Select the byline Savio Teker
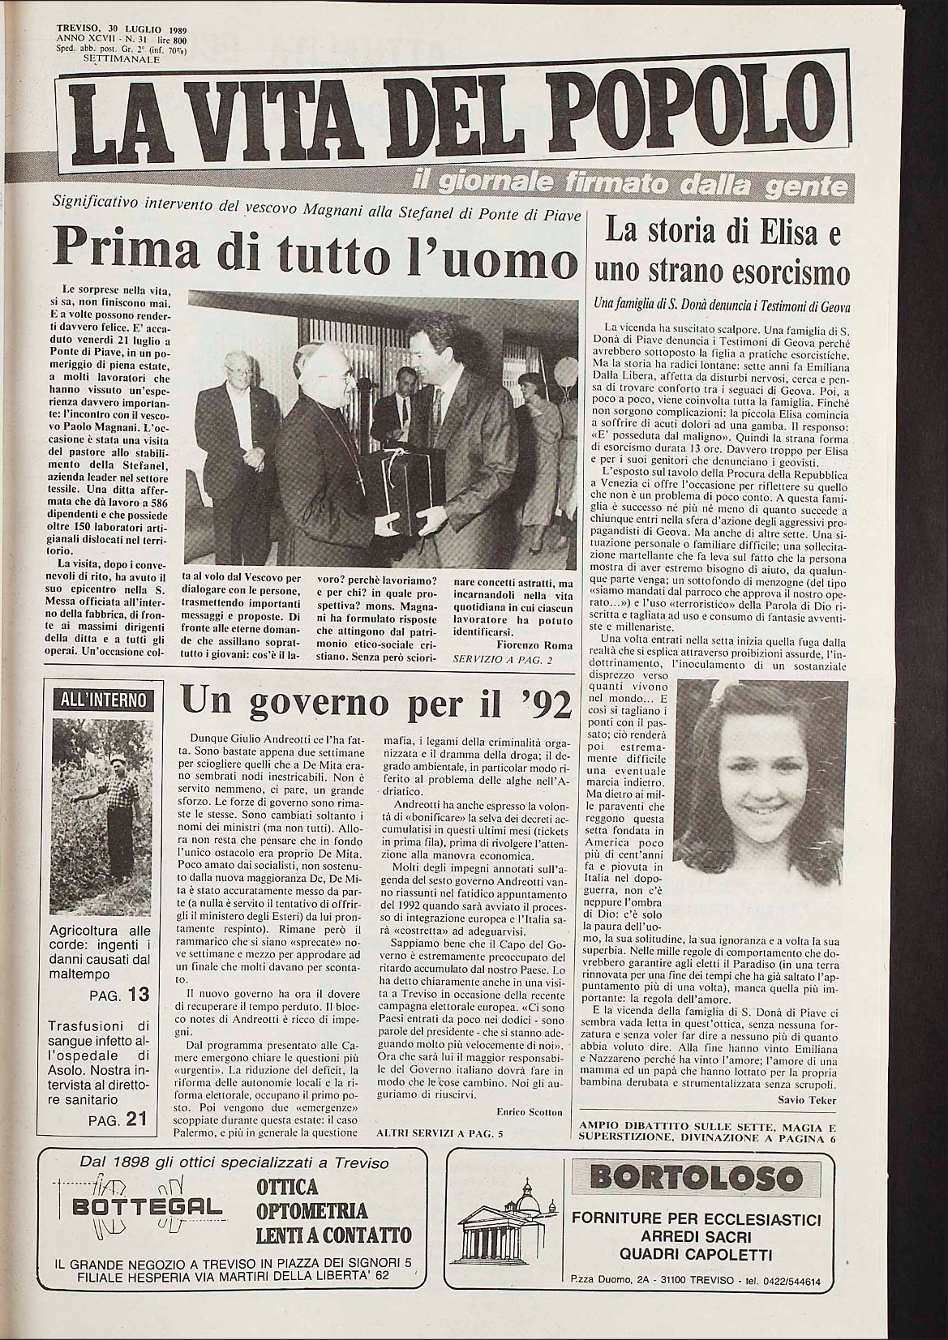811,1100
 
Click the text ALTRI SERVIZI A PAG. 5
440,1133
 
